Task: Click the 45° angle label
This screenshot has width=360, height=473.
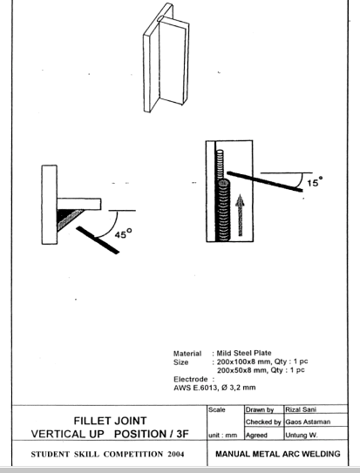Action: (123, 233)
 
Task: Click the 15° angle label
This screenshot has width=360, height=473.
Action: (315, 181)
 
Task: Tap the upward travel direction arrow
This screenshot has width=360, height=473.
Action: (241, 215)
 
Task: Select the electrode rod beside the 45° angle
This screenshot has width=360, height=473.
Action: (98, 240)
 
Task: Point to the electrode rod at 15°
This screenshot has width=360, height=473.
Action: (265, 181)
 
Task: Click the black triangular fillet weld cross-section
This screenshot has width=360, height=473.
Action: (69, 220)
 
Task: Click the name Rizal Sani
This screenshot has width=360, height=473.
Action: (301, 409)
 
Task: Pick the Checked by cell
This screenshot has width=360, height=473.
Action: (264, 422)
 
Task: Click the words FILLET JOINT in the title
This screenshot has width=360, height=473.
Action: (110, 421)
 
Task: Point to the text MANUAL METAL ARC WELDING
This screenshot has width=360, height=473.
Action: (277, 454)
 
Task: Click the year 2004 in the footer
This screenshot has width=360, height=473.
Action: (175, 455)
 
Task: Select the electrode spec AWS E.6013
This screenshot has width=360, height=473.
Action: (195, 388)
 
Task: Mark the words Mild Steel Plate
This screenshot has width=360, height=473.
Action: (244, 353)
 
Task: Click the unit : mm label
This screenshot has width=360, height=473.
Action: (222, 436)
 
